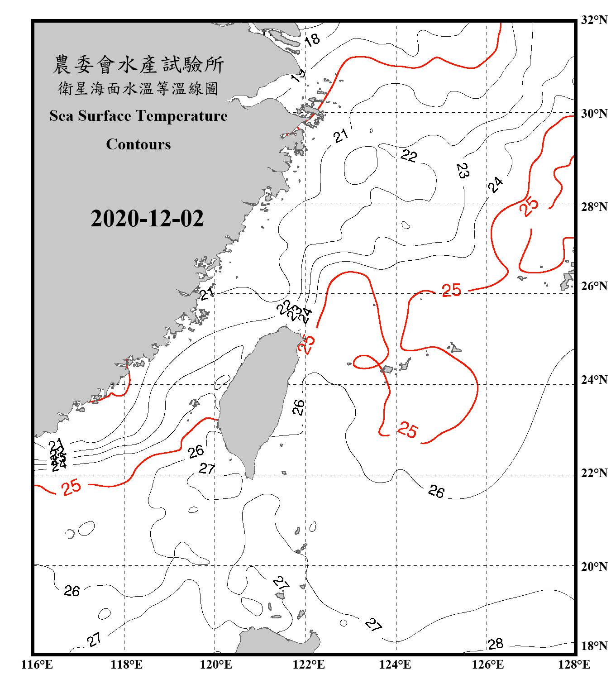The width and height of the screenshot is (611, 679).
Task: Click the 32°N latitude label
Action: coord(594,20)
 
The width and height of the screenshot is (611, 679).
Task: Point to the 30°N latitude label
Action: coord(594,113)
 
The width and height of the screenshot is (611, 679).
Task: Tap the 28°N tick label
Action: coord(594,206)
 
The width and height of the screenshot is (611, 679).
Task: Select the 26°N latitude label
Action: coord(594,286)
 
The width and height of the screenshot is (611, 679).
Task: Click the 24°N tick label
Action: coord(594,379)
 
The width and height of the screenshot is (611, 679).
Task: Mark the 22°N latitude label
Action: coord(594,473)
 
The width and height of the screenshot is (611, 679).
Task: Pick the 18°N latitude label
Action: coord(594,646)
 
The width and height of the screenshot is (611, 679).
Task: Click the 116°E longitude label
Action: coord(37,665)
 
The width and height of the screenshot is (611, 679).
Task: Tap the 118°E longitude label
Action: coord(126,665)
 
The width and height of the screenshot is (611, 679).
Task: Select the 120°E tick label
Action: coord(216,665)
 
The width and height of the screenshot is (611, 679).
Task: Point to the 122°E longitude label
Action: coord(309,665)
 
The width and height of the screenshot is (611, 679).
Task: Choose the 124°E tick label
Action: coord(395,665)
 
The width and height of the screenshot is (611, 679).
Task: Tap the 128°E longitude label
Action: coord(574,665)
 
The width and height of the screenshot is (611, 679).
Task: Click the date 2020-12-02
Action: coord(147,219)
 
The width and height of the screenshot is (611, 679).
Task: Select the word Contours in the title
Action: coord(138,144)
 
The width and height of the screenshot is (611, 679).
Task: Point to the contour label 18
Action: coord(312,40)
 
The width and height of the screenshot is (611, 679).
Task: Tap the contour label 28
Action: coord(496,643)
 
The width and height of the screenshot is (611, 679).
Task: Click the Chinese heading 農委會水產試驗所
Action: coord(138,65)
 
